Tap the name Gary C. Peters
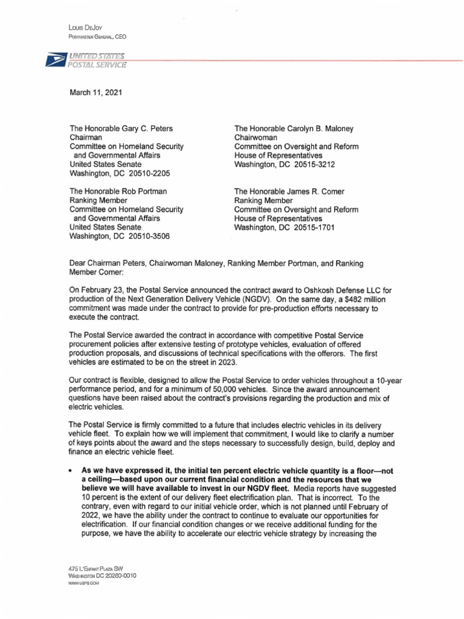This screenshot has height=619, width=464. (x=146, y=128)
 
